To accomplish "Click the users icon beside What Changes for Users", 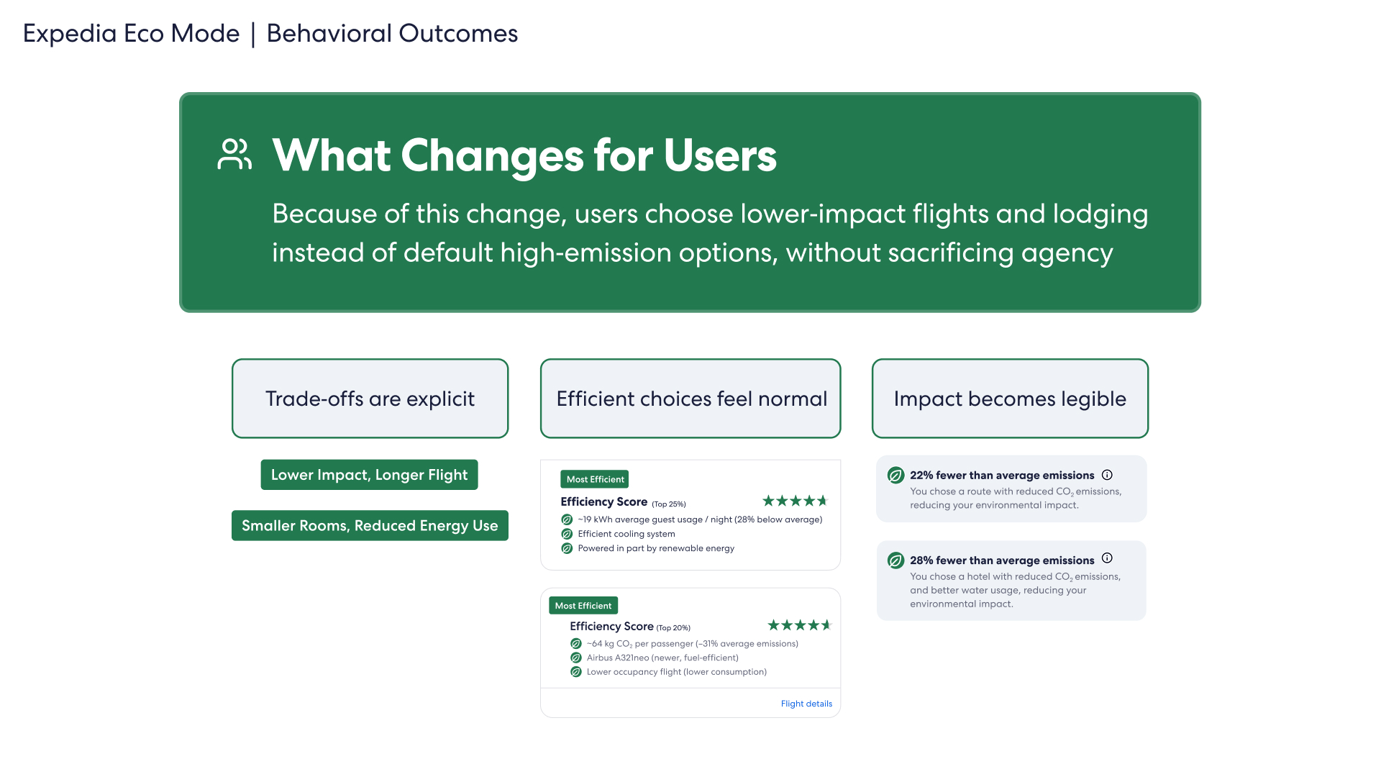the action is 234,154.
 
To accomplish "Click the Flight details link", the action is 806,704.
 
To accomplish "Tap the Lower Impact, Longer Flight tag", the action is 369,475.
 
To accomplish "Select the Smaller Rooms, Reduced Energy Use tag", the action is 370,525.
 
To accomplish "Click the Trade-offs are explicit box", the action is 370,399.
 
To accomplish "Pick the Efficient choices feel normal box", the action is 690,399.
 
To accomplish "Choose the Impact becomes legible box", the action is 1010,399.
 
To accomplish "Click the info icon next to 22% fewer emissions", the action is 1107,475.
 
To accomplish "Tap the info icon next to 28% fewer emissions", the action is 1107,558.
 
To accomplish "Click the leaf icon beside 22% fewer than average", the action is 895,476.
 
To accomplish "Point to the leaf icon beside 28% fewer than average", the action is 895,560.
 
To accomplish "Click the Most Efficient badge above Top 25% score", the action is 595,479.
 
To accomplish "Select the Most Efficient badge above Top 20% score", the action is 583,606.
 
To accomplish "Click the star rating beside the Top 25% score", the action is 795,501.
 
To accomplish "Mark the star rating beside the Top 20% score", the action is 799,625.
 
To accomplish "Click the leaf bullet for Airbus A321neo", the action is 576,658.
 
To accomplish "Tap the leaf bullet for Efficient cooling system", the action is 567,534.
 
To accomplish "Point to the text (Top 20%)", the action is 673,628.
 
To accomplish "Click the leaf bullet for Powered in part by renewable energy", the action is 567,548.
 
